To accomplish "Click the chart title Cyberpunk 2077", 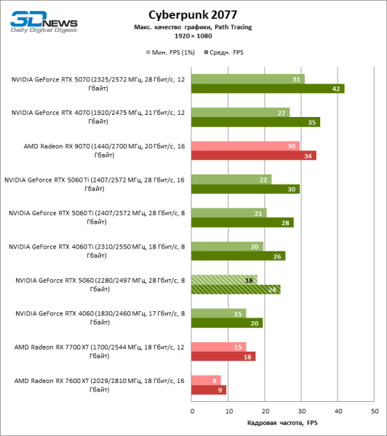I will click(x=193, y=14).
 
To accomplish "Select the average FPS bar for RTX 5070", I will click(x=268, y=89).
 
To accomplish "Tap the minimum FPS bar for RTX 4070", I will click(x=241, y=113).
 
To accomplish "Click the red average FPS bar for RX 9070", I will click(x=254, y=156).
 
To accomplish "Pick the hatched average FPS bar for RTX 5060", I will click(x=236, y=289).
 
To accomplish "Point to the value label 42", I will click(x=336, y=89).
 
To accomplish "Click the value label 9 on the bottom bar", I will click(x=220, y=389).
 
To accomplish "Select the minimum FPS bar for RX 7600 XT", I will click(x=206, y=380).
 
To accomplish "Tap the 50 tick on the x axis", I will click(x=375, y=411).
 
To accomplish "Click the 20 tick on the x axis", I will click(x=266, y=411).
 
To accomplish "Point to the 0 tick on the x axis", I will click(x=192, y=411).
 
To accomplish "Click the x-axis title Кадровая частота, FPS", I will click(x=283, y=423).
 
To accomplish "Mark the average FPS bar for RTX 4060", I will click(x=227, y=323).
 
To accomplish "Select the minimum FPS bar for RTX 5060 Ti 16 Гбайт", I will click(x=231, y=179).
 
